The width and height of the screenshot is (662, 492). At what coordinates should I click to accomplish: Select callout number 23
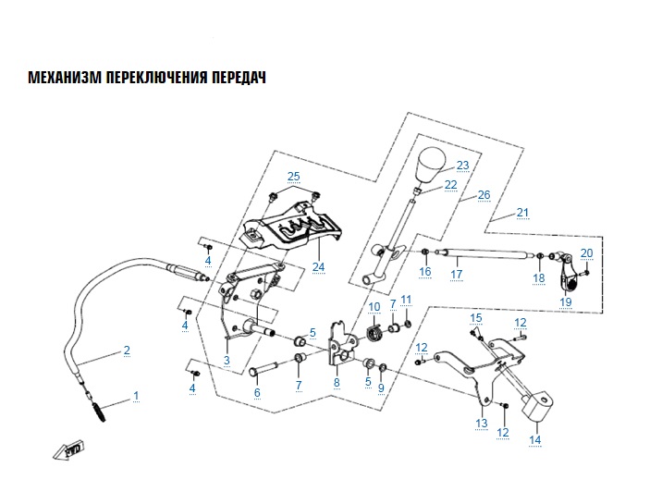pos(462,166)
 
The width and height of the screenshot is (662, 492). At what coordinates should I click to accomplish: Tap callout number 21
pos(522,214)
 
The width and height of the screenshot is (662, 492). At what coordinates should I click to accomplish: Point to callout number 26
pos(482,196)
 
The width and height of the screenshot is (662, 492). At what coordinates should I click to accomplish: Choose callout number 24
pos(319,267)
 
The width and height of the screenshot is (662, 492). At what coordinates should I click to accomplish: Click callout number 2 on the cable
pos(127,351)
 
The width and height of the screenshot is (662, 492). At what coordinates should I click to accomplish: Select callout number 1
pos(136,396)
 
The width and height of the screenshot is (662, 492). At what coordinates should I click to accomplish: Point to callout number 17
pos(456,275)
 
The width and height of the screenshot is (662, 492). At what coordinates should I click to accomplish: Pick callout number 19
pos(566,301)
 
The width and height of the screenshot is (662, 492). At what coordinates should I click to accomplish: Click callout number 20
pos(586,252)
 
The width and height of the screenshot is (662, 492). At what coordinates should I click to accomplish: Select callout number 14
pos(534,440)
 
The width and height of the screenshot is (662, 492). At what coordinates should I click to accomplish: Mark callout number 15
pos(476,318)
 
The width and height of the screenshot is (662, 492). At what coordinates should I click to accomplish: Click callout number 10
pos(374,307)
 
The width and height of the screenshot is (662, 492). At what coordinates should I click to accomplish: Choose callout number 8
pos(337,381)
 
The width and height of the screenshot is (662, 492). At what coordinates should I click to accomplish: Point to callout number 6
pos(257,393)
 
